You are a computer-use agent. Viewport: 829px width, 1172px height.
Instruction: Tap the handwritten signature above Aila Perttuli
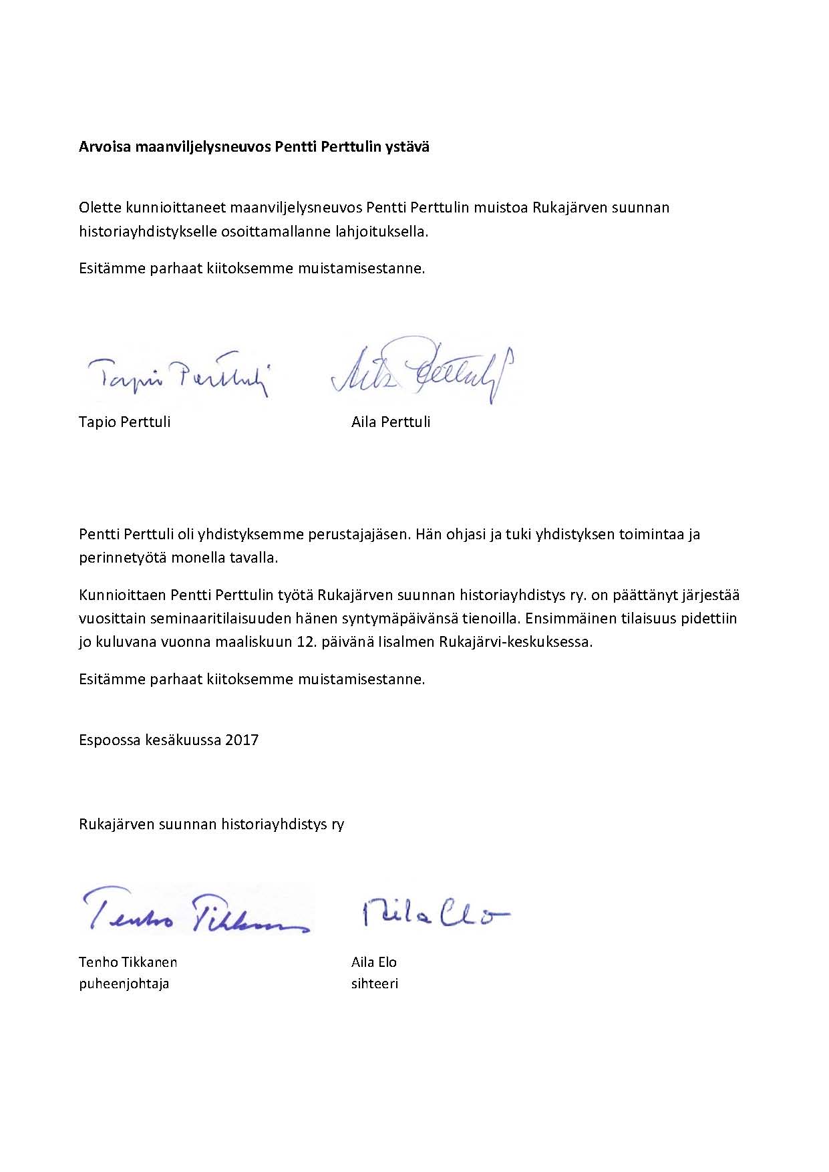[x=422, y=372]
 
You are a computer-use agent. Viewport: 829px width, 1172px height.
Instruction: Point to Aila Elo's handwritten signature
[x=435, y=913]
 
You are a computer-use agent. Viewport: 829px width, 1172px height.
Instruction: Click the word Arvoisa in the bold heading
[x=105, y=147]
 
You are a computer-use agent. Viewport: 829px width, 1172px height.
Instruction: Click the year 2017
[x=242, y=740]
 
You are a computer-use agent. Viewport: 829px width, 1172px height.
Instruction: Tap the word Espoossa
[x=109, y=740]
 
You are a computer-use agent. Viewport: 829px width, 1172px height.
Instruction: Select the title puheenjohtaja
[x=124, y=983]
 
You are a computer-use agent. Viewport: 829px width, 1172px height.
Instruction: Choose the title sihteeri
[x=375, y=983]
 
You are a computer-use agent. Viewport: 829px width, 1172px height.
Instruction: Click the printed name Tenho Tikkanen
[x=128, y=962]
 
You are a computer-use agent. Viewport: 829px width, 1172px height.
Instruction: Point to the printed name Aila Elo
[x=374, y=962]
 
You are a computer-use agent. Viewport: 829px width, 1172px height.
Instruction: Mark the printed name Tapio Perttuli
[x=124, y=422]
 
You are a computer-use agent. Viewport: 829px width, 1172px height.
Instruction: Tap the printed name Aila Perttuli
[x=391, y=422]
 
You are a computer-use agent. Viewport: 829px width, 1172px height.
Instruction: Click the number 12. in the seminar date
[x=305, y=642]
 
